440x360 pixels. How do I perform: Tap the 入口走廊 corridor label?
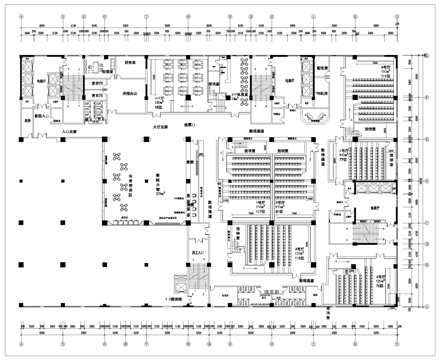71,130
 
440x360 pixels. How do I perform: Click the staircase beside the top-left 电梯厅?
71,84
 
